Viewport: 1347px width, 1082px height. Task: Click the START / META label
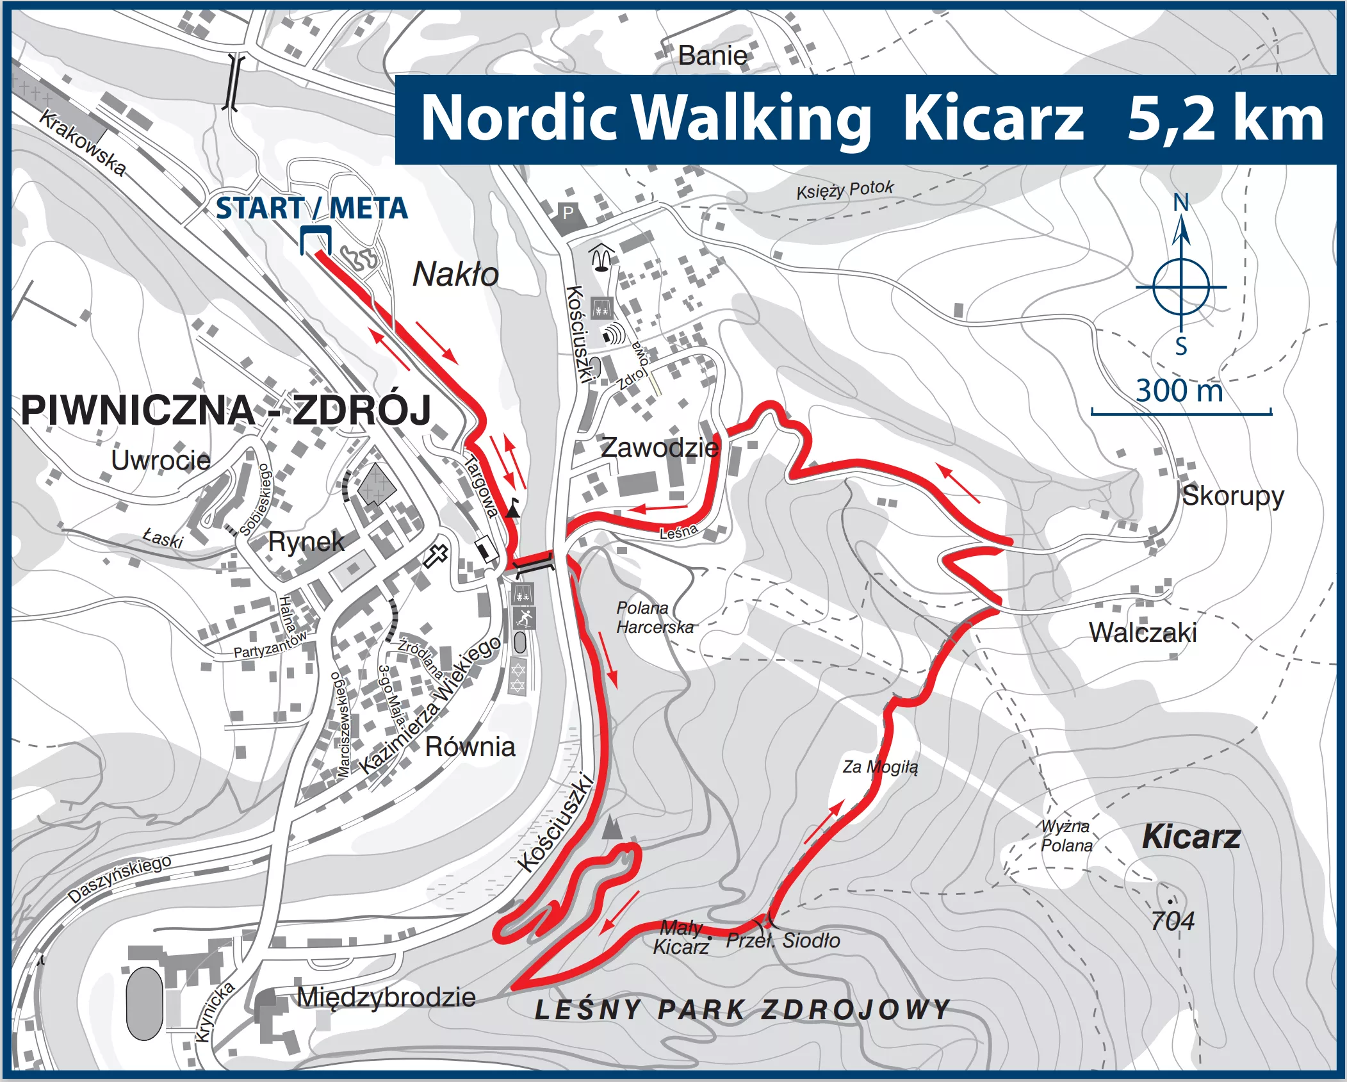click(311, 209)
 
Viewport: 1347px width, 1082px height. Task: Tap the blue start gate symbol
click(315, 238)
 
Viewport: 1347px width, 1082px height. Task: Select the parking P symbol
click(567, 213)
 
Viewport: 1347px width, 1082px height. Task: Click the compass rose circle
click(1180, 287)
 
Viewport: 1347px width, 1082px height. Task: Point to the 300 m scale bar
click(1180, 413)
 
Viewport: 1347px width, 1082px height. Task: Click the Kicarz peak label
click(1191, 837)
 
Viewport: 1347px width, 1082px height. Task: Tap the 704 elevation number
click(1172, 921)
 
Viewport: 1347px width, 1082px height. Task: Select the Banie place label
click(712, 56)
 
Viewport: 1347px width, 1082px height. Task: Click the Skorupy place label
click(1232, 496)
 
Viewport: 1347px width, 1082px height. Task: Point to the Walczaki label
click(1143, 633)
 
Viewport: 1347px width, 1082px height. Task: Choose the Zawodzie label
click(659, 447)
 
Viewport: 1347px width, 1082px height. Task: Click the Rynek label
click(306, 542)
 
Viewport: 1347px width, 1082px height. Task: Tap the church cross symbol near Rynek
click(436, 555)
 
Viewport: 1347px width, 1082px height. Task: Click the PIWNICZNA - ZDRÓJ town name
click(225, 410)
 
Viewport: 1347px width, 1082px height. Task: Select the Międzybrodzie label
click(386, 997)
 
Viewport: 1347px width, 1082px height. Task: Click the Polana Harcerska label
click(654, 618)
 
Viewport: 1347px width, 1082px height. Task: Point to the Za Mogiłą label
click(880, 767)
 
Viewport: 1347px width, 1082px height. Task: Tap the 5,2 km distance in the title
click(1225, 119)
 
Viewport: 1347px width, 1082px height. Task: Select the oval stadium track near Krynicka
click(144, 1003)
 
